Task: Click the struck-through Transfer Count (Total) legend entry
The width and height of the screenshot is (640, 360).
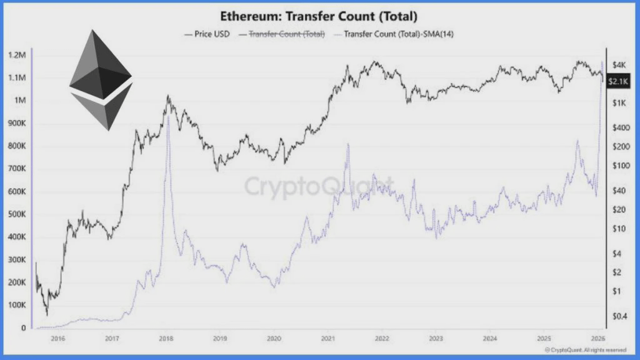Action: [282, 33]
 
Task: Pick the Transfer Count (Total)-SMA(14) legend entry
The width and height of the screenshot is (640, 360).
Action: [394, 33]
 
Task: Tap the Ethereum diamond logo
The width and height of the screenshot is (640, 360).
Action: [100, 79]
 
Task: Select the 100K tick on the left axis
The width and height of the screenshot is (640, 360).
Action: [16, 305]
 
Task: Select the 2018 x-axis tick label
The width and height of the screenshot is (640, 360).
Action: [166, 339]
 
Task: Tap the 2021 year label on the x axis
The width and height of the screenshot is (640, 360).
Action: [329, 339]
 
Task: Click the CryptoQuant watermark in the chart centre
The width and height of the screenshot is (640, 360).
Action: [319, 186]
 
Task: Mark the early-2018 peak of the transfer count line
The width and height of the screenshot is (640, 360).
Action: [168, 117]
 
